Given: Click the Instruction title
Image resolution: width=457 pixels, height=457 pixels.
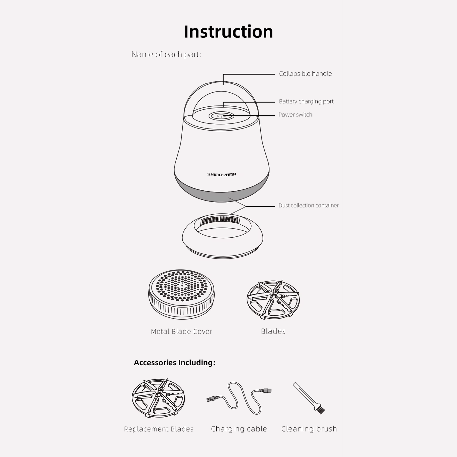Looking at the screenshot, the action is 228,32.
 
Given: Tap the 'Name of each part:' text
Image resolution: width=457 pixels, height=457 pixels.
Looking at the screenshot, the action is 166,54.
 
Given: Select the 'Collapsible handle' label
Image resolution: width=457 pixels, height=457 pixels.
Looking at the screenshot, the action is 305,74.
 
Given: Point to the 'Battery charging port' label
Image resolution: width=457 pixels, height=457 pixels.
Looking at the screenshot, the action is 306,102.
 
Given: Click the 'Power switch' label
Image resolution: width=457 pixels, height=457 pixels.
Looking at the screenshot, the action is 295,115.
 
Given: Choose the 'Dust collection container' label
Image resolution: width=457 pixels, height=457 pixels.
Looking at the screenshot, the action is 308,206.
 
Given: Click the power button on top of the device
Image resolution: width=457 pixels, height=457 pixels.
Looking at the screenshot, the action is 221,116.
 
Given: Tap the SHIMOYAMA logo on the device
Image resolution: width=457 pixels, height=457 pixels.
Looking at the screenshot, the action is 222,175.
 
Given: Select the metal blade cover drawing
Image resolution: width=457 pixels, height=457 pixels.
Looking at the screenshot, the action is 181,294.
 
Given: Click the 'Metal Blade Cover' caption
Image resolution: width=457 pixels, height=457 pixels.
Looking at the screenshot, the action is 181,331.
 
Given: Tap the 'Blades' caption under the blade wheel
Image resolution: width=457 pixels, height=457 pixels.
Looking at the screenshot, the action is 273,331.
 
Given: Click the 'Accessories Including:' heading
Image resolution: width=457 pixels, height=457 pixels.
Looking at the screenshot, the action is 175,363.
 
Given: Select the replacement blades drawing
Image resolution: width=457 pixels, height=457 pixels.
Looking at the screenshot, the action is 158,398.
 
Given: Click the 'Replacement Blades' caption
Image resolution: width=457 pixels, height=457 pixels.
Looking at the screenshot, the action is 159,429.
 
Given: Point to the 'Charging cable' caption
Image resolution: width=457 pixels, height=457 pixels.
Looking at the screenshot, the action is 239,429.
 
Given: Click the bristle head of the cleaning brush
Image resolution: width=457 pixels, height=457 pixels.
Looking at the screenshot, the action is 320,409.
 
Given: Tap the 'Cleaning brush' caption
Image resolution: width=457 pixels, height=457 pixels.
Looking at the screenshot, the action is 309,429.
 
